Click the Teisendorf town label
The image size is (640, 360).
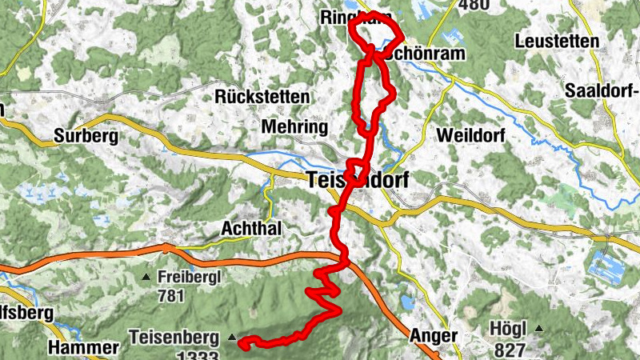tap(357, 182)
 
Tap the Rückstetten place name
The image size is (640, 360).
tap(262, 97)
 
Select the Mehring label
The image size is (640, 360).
tap(295, 127)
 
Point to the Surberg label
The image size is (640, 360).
tap(86, 136)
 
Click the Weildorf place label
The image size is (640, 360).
tap(472, 136)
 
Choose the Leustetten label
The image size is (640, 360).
tap(558, 41)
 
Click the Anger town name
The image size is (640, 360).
tap(433, 336)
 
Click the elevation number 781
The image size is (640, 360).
tap(171, 296)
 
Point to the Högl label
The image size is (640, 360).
tap(510, 329)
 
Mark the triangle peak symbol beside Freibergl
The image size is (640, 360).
tap(146, 278)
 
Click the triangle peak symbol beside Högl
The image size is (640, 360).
tap(541, 329)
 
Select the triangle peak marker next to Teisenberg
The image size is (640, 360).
tap(232, 338)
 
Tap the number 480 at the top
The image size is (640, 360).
tap(474, 5)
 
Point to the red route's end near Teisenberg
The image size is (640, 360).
tap(242, 344)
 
